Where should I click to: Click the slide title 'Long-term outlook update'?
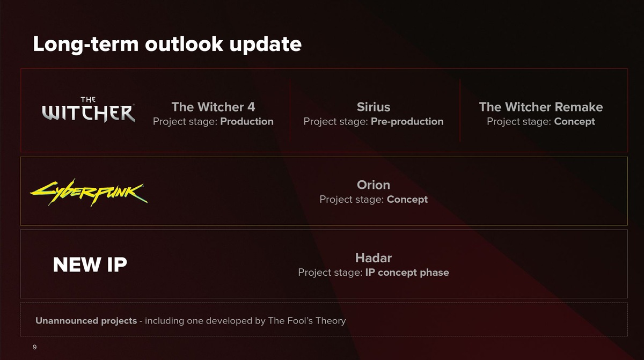[167, 45]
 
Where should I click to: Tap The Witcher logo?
[89, 109]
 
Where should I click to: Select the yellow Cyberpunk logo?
[89, 193]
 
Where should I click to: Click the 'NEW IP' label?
[90, 265]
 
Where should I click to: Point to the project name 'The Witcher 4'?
[213, 107]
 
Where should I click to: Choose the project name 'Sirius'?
[374, 107]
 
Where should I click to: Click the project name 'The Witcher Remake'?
[541, 107]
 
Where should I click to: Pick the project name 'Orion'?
[374, 185]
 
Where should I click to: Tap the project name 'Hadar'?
[374, 258]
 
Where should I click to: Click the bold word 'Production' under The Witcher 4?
[247, 122]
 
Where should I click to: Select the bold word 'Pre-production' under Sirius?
[407, 122]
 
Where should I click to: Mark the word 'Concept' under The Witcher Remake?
[574, 122]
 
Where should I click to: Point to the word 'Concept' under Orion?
[407, 200]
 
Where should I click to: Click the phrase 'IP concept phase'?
[407, 273]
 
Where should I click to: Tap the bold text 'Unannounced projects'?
[86, 321]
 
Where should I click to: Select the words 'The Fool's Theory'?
[307, 321]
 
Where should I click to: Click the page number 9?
[34, 347]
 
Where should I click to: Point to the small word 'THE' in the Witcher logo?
[88, 100]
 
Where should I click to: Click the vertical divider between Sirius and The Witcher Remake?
[460, 110]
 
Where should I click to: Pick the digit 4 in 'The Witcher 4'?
[251, 107]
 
